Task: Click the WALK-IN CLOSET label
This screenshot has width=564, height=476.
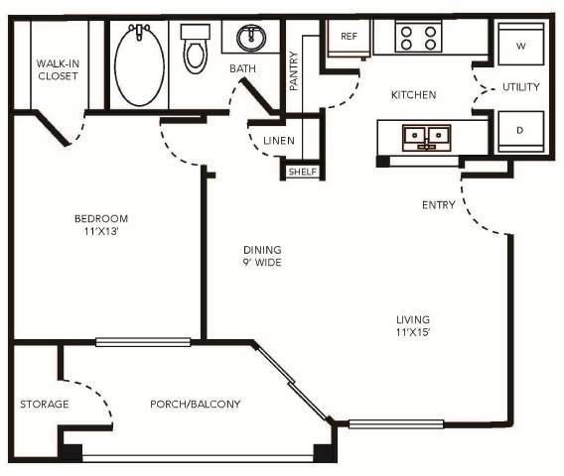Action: (x=58, y=68)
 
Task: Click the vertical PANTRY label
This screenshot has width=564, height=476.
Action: (x=294, y=71)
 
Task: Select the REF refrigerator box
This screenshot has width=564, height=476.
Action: (x=349, y=37)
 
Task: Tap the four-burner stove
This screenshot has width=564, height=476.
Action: (x=418, y=38)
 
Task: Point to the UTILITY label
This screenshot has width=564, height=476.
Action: (x=520, y=87)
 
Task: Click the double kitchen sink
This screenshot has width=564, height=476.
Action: (x=428, y=136)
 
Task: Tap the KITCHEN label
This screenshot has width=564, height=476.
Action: (x=414, y=95)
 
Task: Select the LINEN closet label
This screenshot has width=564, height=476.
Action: (x=279, y=141)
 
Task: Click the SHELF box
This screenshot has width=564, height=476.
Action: (x=302, y=172)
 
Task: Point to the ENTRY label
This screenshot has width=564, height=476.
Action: (x=439, y=205)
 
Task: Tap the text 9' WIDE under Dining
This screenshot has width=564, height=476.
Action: (x=263, y=263)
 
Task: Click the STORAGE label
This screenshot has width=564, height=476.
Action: (x=45, y=404)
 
